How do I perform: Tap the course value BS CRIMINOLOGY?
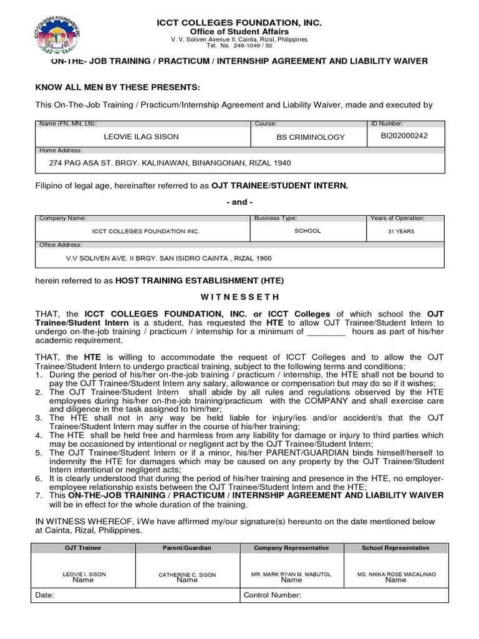(310, 137)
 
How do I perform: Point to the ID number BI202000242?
(404, 135)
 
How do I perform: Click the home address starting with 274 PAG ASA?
(170, 163)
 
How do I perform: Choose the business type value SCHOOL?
(307, 231)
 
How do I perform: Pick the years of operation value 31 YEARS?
(400, 232)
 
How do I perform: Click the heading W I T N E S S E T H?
(239, 296)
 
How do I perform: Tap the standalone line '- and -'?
(239, 202)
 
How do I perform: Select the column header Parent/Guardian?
(187, 548)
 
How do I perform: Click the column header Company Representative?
(291, 548)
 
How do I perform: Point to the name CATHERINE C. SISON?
(187, 574)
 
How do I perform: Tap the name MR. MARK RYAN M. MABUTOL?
(291, 574)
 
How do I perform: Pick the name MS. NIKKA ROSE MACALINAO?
(395, 574)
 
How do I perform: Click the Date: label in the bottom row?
(44, 595)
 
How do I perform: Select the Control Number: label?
(273, 595)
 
